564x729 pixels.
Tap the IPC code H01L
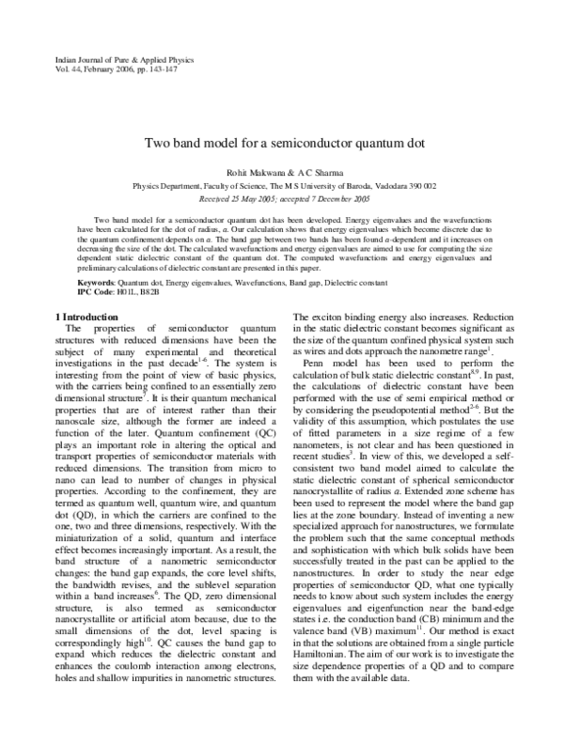tap(128, 292)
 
